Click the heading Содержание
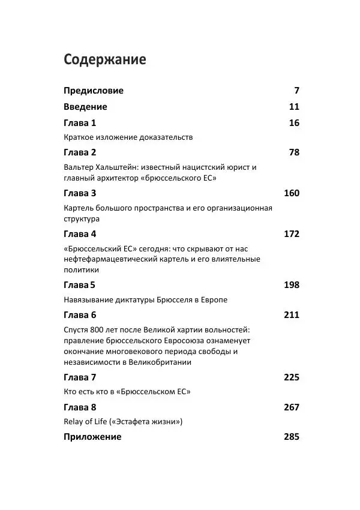[x=105, y=60]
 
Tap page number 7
[x=296, y=91]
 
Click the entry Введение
[x=85, y=107]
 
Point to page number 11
[x=294, y=107]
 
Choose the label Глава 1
[x=80, y=123]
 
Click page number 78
[x=294, y=152]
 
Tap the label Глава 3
[x=80, y=193]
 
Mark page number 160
[x=291, y=193]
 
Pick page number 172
[x=291, y=234]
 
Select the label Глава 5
[x=80, y=284]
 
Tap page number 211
[x=291, y=315]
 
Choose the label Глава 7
[x=80, y=377]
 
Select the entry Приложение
[x=92, y=437]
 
